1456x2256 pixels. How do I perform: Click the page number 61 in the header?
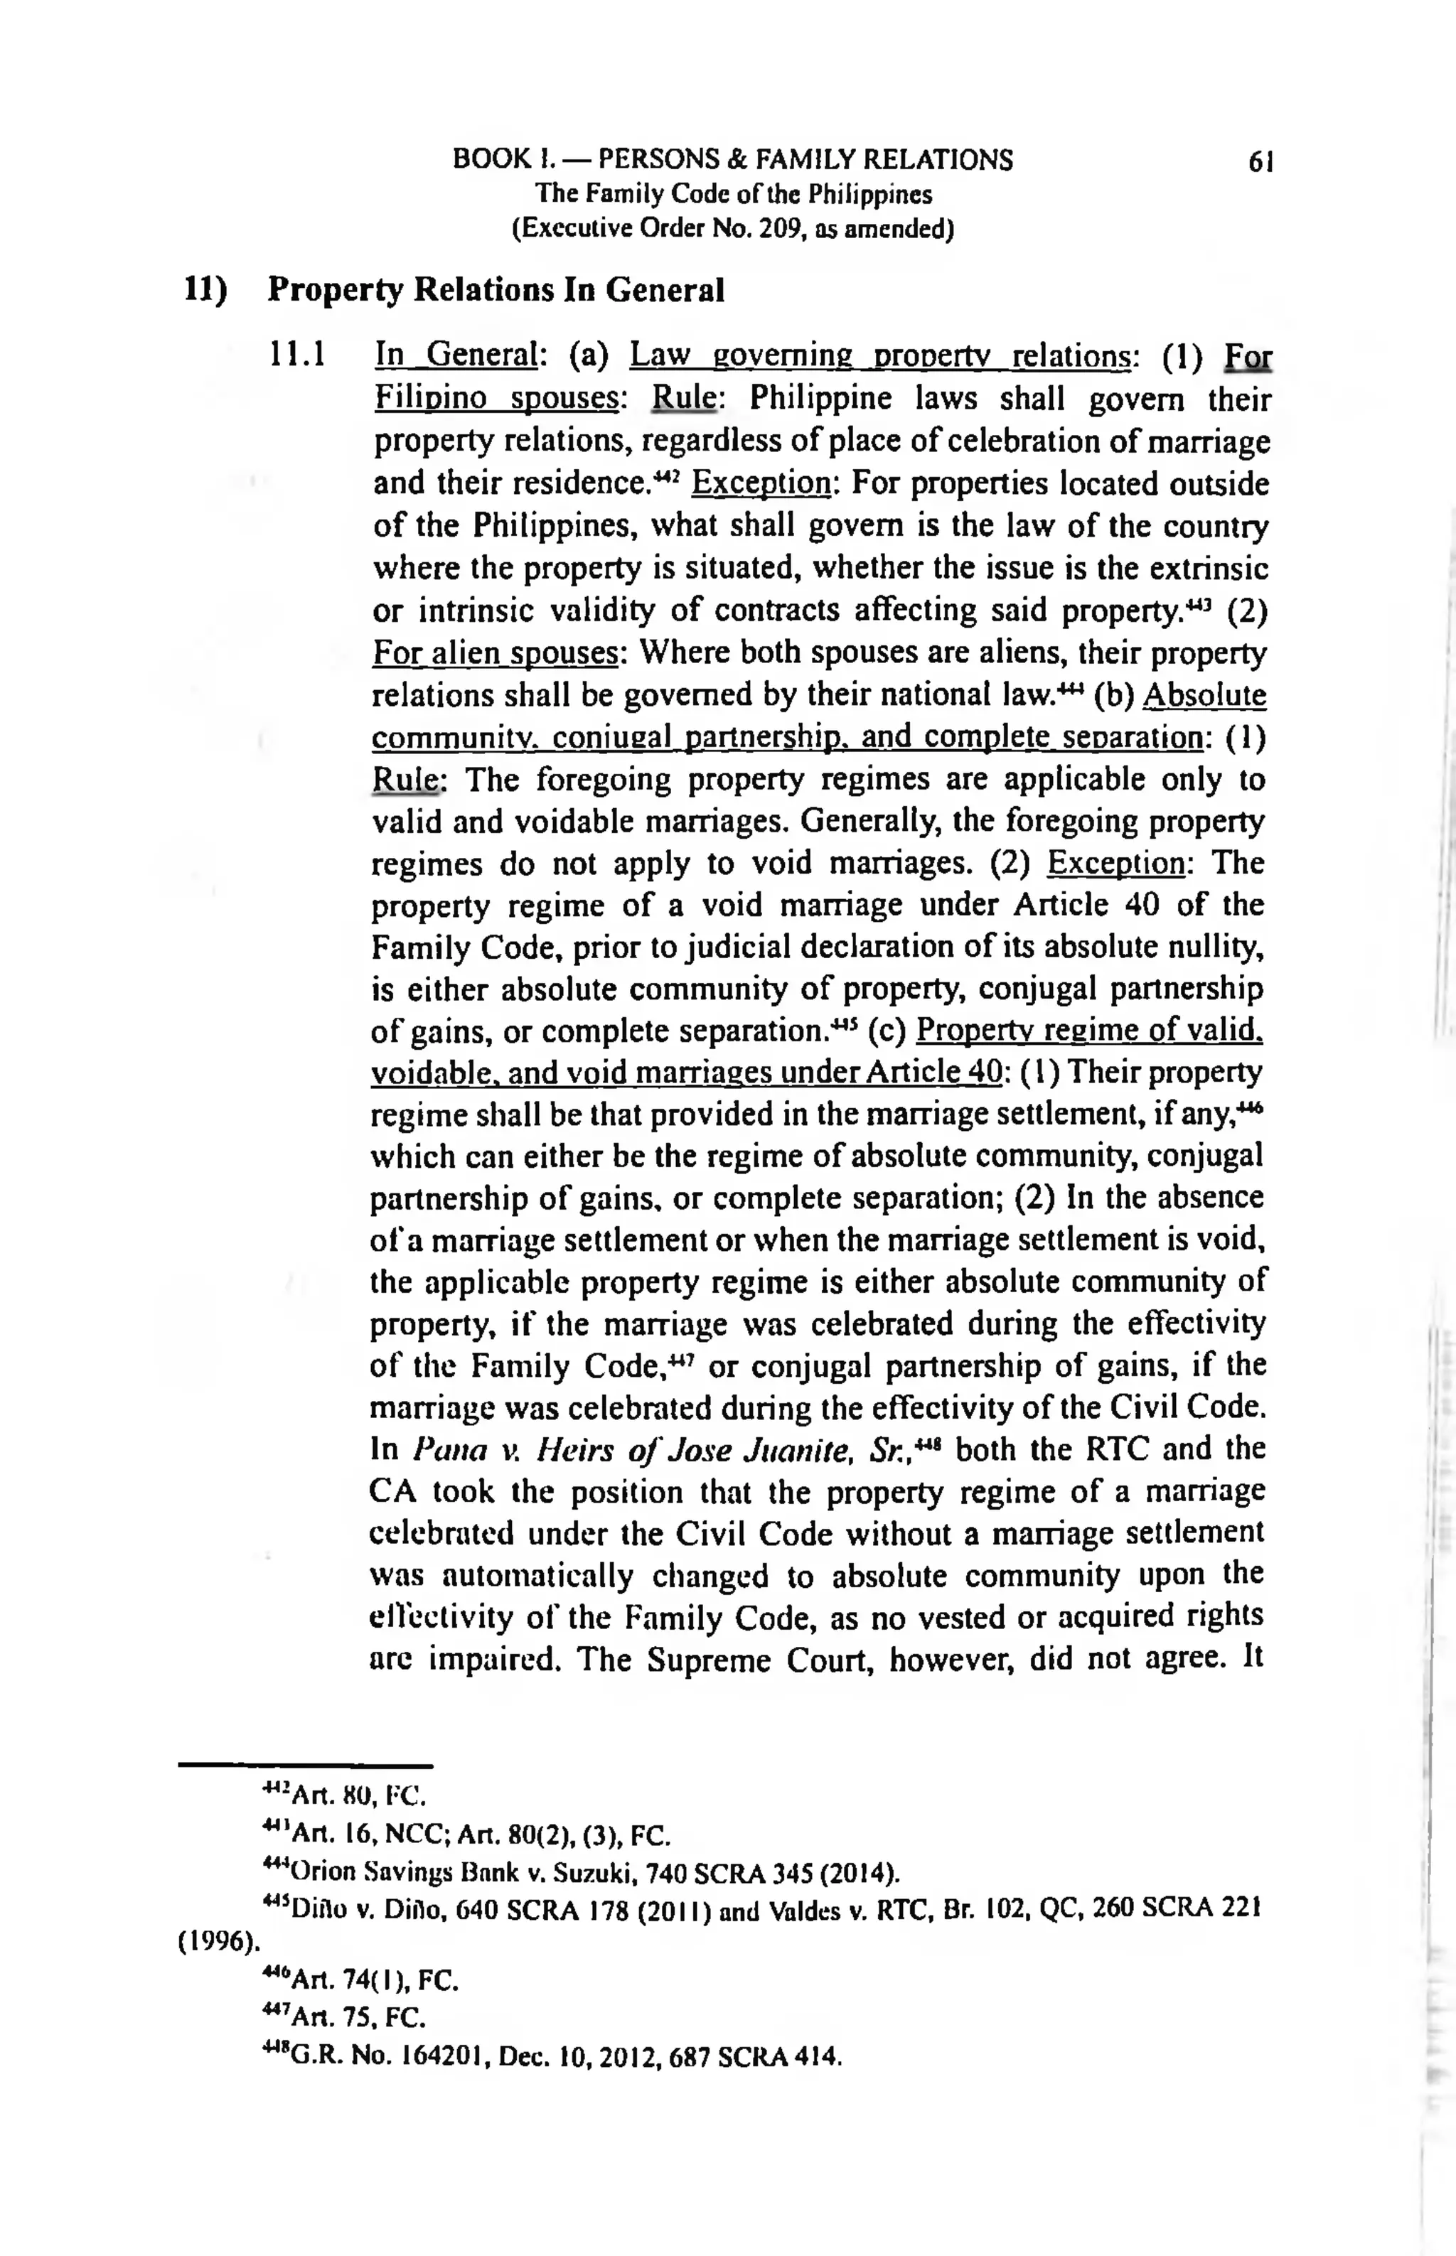coord(1261,161)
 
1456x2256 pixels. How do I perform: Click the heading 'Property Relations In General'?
coord(496,290)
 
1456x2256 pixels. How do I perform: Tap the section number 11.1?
coord(298,356)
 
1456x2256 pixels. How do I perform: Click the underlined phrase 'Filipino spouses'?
coord(496,399)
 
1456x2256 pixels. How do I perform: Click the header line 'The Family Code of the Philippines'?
coord(733,195)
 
